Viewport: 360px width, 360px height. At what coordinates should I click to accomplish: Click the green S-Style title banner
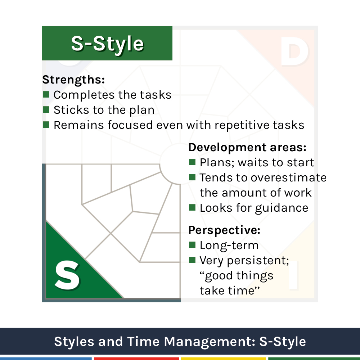tap(107, 43)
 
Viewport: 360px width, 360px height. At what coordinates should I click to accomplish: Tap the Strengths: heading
tap(73, 80)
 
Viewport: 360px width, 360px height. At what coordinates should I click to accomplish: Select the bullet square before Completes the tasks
tap(46, 94)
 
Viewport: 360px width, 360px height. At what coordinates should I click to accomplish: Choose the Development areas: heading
tap(247, 147)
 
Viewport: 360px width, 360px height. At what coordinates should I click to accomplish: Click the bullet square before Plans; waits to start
tap(192, 162)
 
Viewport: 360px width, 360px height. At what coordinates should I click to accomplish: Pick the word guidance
tap(282, 208)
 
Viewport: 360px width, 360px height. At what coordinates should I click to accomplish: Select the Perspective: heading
tap(224, 230)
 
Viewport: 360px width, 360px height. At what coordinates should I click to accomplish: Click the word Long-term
tap(229, 246)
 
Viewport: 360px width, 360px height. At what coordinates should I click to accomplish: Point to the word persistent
tap(258, 261)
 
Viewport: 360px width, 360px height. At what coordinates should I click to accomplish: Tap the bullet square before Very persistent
tap(192, 260)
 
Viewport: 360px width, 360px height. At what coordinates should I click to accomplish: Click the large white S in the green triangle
tap(67, 275)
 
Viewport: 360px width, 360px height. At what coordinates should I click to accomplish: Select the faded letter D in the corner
tap(294, 51)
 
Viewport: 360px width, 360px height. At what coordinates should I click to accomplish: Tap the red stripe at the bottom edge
tap(136, 359)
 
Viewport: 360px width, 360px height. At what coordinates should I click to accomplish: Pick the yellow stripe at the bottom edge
tap(224, 359)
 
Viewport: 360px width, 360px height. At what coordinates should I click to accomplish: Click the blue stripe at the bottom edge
tap(46, 359)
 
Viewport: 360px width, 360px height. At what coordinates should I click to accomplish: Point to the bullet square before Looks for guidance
tap(192, 208)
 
